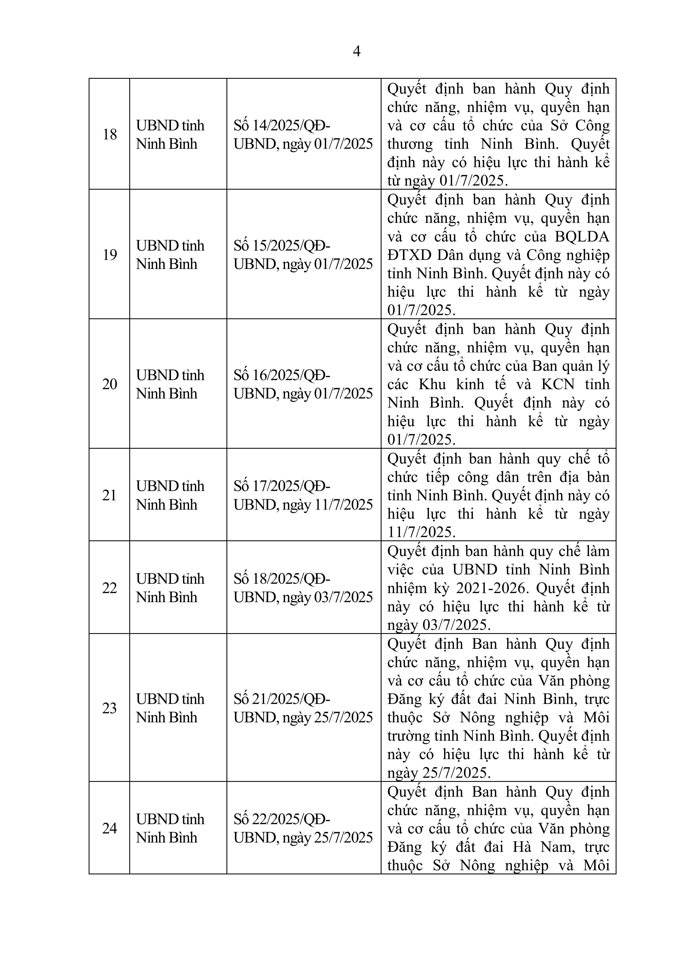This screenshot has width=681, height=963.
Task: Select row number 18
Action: tap(110, 134)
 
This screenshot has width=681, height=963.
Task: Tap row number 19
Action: tap(110, 255)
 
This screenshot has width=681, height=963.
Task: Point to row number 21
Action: tap(110, 495)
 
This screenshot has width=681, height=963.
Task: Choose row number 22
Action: tap(110, 588)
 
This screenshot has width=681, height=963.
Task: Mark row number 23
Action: tap(110, 708)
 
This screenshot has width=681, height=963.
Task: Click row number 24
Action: tap(110, 828)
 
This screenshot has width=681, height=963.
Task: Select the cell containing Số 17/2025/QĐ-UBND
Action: tap(303, 495)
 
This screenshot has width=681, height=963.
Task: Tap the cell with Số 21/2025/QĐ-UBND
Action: tap(303, 708)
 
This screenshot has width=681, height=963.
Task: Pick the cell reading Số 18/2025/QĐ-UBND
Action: tap(303, 588)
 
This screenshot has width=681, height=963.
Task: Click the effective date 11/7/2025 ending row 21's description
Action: tap(421, 532)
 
